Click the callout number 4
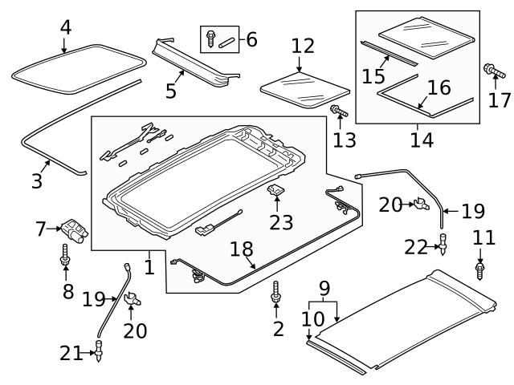click(66, 27)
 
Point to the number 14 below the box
click(421, 140)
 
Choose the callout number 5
click(171, 91)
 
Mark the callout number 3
click(37, 181)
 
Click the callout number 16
click(439, 87)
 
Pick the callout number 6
click(251, 38)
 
